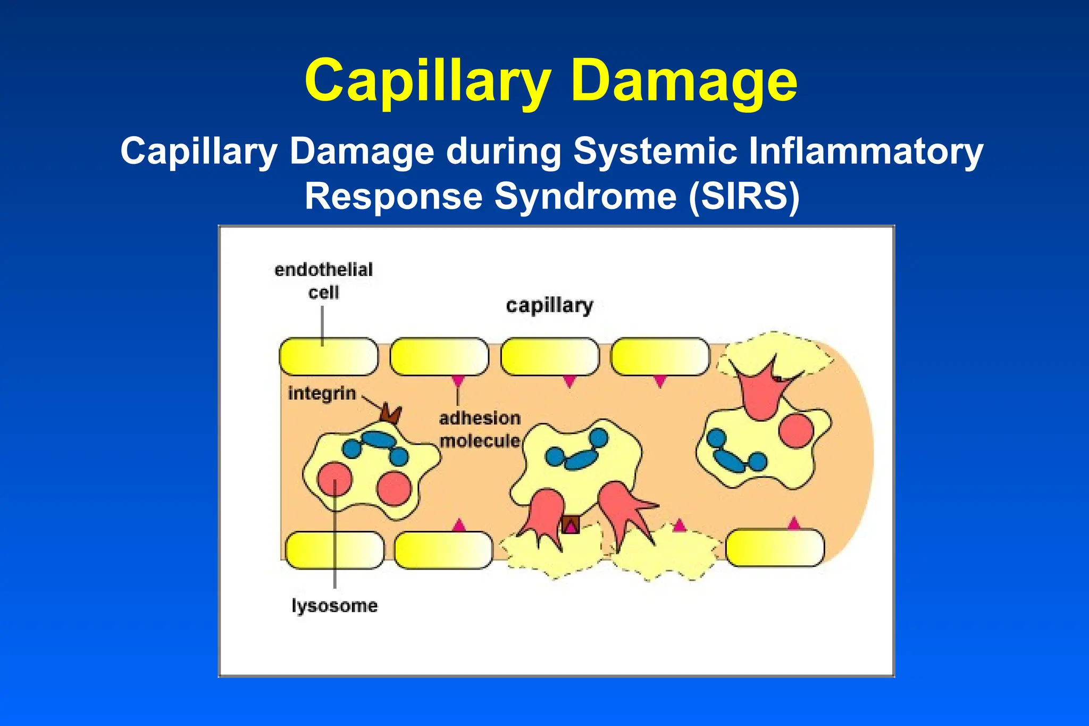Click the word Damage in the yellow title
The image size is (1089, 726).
(685, 81)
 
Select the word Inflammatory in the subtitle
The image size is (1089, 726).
(866, 151)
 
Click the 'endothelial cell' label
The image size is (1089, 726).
(323, 281)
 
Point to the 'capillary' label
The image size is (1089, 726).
(549, 306)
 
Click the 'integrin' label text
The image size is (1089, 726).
(322, 394)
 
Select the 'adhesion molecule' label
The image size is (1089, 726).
(480, 430)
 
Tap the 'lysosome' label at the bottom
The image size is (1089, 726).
(334, 606)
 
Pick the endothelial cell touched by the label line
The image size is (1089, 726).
(329, 356)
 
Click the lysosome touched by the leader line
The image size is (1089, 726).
(334, 479)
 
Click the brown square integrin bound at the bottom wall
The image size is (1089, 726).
(571, 525)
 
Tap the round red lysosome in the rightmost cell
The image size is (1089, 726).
(796, 430)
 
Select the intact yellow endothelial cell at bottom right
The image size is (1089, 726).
(775, 548)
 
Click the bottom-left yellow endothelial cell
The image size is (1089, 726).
(334, 550)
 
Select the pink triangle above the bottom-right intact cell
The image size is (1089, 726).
(793, 523)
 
